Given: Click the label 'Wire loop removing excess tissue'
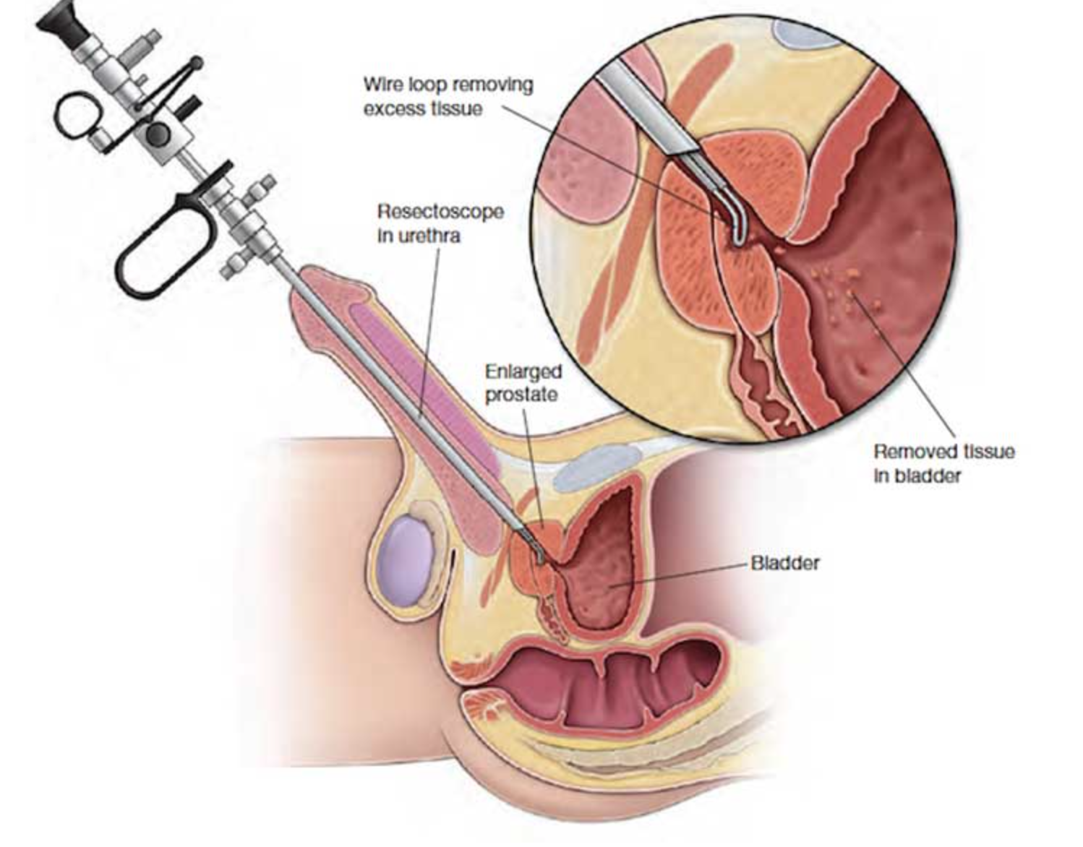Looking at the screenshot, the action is pos(448,97).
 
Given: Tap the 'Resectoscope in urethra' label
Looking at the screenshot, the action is pos(440,223).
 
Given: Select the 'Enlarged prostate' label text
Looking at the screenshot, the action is pos(523,382).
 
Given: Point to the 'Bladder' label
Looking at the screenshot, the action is pos(785,563).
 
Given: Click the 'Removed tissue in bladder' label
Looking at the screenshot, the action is pos(944,463).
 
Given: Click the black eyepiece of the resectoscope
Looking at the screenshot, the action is pos(61,22).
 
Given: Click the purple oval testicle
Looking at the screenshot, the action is pos(406,562).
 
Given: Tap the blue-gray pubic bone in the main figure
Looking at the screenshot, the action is pos(596,467).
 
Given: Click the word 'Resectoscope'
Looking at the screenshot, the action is pos(440,212).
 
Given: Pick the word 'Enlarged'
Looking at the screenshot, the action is pos(523,372).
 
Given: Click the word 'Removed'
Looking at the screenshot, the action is pos(909,452).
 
